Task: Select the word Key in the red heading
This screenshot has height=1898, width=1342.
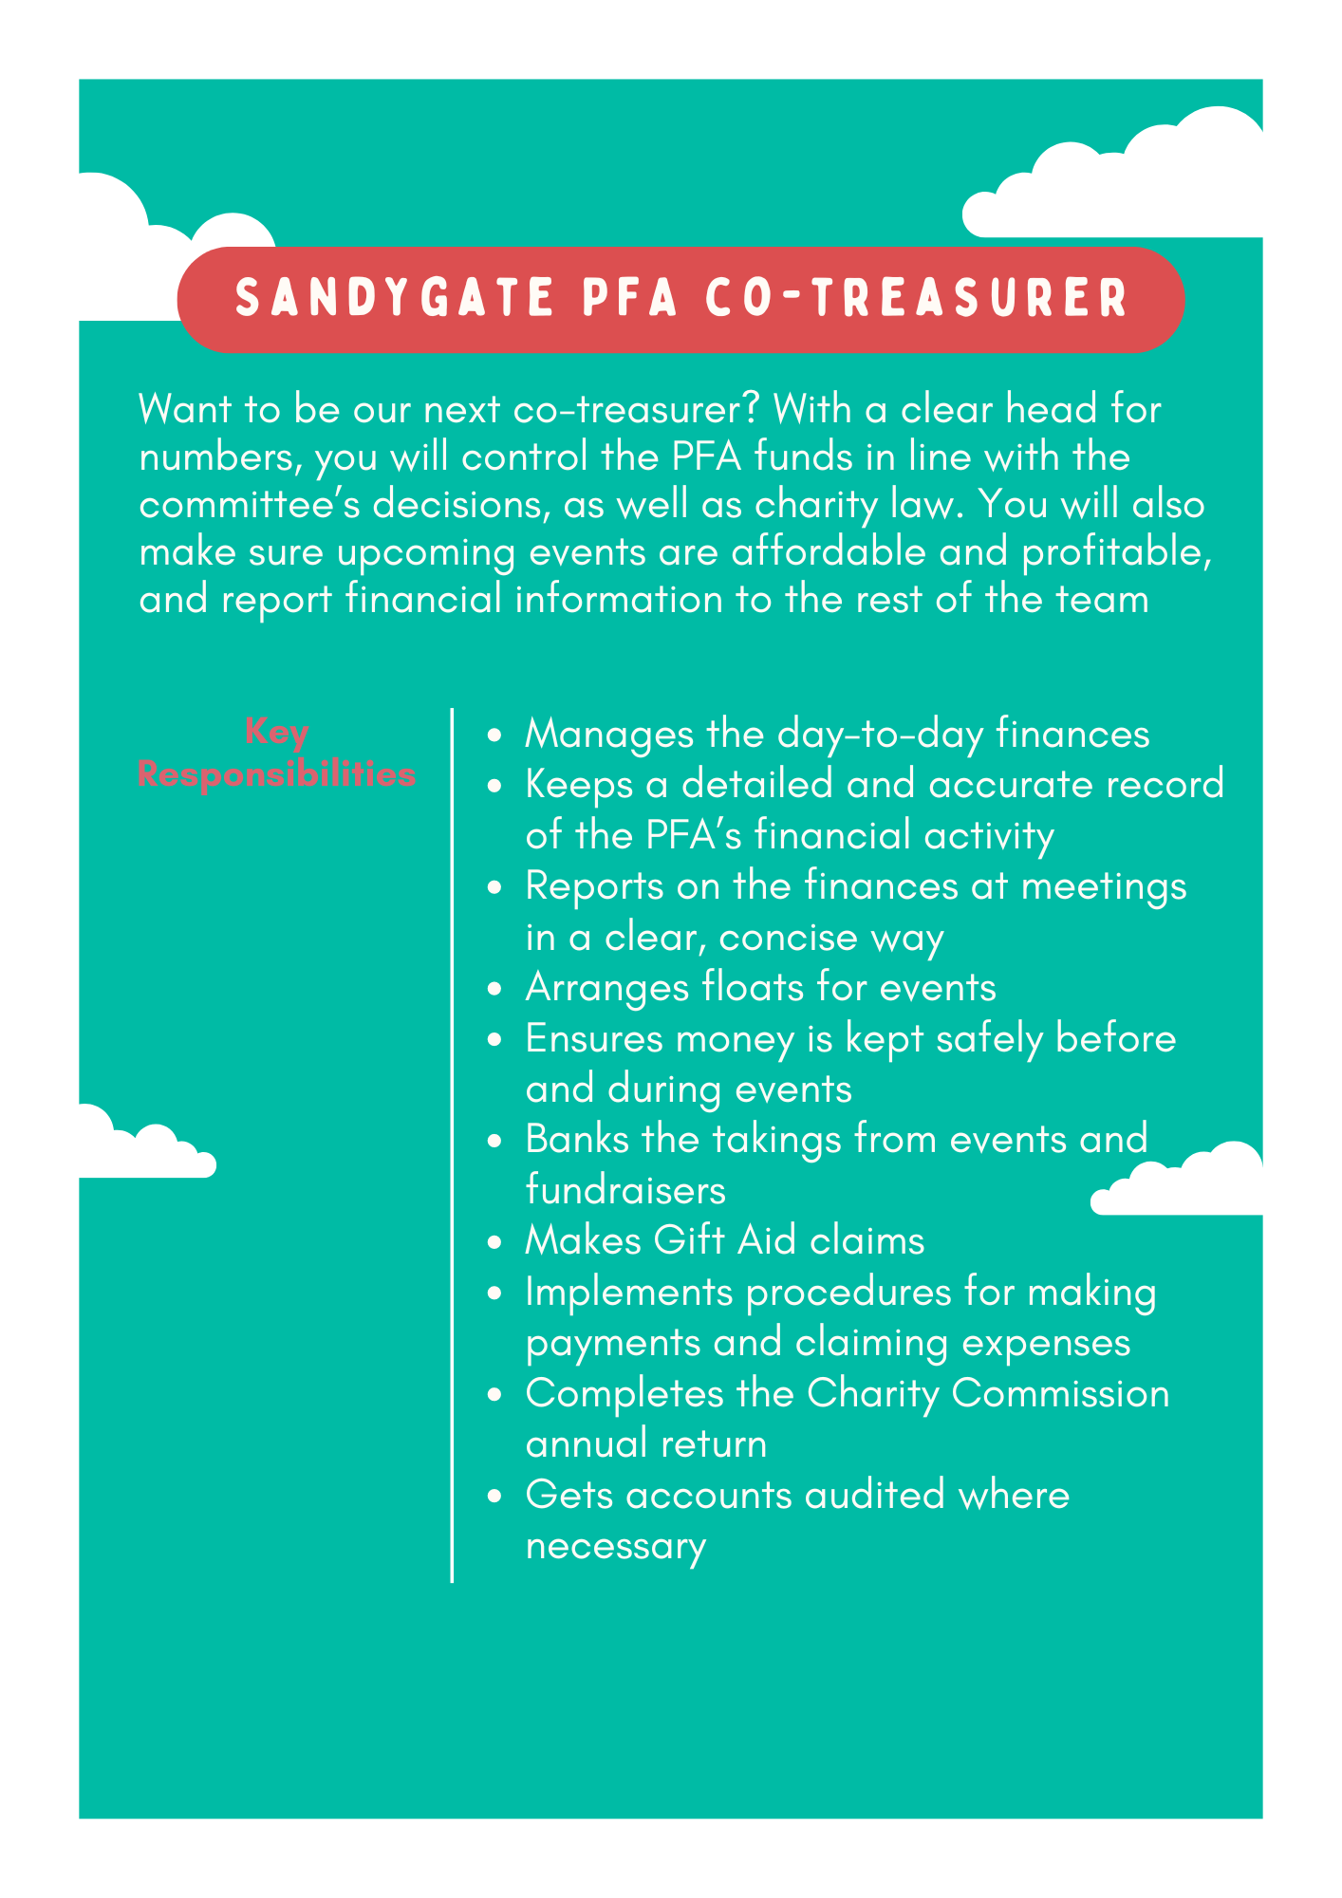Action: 276,732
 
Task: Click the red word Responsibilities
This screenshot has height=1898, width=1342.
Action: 276,773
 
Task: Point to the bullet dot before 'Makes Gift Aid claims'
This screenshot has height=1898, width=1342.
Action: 494,1242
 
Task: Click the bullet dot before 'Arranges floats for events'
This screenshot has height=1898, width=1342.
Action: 494,989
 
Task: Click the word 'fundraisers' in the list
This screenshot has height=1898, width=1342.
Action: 625,1190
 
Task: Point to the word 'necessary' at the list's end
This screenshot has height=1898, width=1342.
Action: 616,1546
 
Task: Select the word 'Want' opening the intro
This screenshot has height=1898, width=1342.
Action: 185,409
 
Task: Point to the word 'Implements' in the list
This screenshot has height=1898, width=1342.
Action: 628,1292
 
